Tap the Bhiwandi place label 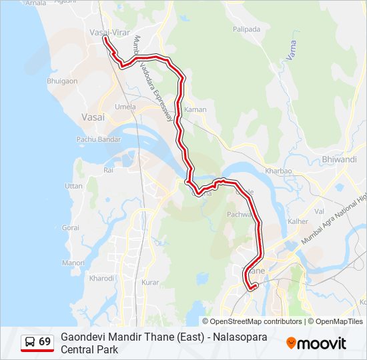[339, 159]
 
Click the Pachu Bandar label [98, 139]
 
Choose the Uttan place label [73, 185]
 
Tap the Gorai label [70, 227]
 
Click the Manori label [73, 263]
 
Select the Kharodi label [101, 278]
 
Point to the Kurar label [150, 283]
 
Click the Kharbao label [278, 171]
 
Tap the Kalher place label [298, 221]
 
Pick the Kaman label [196, 109]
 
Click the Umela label [125, 107]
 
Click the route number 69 [45, 342]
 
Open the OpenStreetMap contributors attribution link [247, 321]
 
